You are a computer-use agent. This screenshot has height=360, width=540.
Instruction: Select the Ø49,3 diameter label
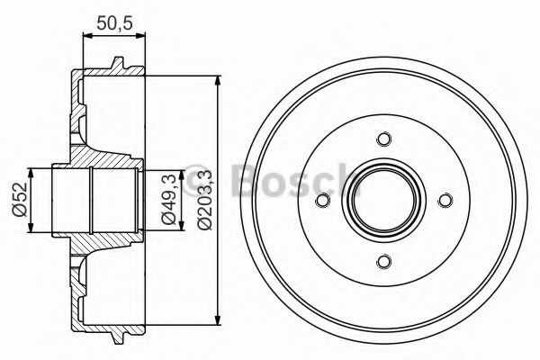pos(167,199)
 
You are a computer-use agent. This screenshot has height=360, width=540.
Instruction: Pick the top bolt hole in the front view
pos(384,139)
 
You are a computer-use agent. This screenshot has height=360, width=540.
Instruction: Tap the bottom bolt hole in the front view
pos(384,260)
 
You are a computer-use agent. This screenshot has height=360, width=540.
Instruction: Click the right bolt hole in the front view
pos(445,200)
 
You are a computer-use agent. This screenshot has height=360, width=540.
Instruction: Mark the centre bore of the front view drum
pos(384,200)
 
